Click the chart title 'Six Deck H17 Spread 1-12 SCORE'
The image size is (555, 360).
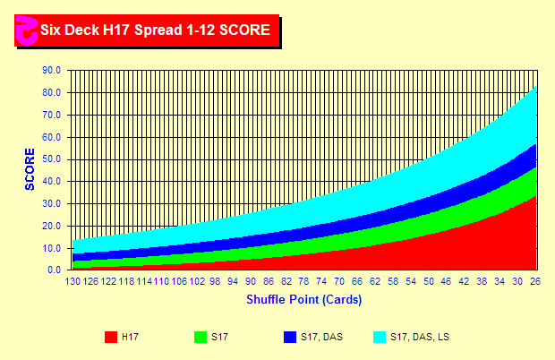(x=155, y=30)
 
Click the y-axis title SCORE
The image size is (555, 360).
(x=30, y=169)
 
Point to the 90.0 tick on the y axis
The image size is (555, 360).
(x=52, y=70)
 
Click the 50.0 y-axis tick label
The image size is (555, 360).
(x=52, y=159)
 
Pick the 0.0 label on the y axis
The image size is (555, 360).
(x=55, y=270)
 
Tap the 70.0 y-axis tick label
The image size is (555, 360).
(x=52, y=115)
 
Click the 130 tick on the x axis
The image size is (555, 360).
(x=73, y=280)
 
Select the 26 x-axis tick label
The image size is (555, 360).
(x=535, y=280)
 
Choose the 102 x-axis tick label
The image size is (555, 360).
(x=197, y=280)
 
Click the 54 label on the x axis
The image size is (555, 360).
(x=411, y=280)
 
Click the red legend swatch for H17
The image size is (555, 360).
(x=111, y=337)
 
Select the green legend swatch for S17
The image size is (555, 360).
(x=201, y=337)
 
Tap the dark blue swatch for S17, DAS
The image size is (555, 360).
(x=289, y=337)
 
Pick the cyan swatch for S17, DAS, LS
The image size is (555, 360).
(x=379, y=337)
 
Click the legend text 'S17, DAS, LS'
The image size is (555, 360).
(x=420, y=337)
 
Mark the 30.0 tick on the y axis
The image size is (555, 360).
(x=52, y=203)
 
